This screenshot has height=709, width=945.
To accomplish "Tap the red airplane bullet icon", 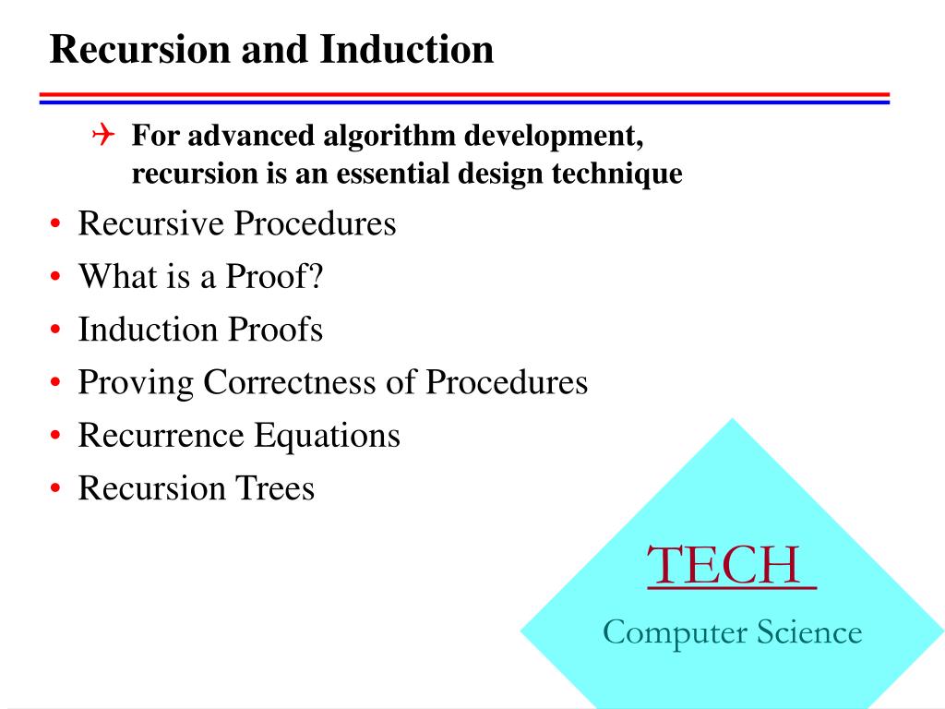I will click(x=102, y=137).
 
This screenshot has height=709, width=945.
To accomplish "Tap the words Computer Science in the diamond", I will click(x=732, y=632).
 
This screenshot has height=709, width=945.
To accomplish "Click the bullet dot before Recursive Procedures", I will click(x=57, y=226).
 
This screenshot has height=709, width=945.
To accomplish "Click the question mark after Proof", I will click(x=317, y=277).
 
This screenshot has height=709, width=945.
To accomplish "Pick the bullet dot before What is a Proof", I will click(x=57, y=279).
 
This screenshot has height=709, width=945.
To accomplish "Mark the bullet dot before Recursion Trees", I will click(x=57, y=489).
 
